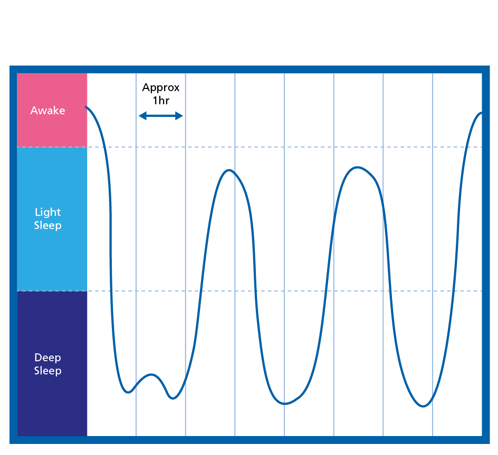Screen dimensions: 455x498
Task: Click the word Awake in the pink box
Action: [x=47, y=111]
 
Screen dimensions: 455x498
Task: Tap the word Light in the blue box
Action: [x=47, y=212]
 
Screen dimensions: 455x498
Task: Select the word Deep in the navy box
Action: [x=47, y=358]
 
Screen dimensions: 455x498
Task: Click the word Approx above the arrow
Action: [x=161, y=87]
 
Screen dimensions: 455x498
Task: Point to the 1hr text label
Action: [x=161, y=101]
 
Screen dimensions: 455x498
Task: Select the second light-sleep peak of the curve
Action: [x=358, y=167]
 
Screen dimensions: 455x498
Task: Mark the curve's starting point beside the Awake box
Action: [x=87, y=107]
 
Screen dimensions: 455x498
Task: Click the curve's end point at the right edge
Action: [x=481, y=113]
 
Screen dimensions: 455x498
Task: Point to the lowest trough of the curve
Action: [x=423, y=406]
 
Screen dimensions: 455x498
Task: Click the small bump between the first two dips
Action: [x=152, y=374]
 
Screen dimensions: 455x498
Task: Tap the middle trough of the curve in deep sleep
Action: [x=284, y=404]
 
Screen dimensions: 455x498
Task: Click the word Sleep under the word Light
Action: [x=47, y=225]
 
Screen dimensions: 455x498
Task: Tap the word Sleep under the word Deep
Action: [x=47, y=371]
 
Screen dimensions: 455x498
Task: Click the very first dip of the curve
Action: [x=128, y=392]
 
